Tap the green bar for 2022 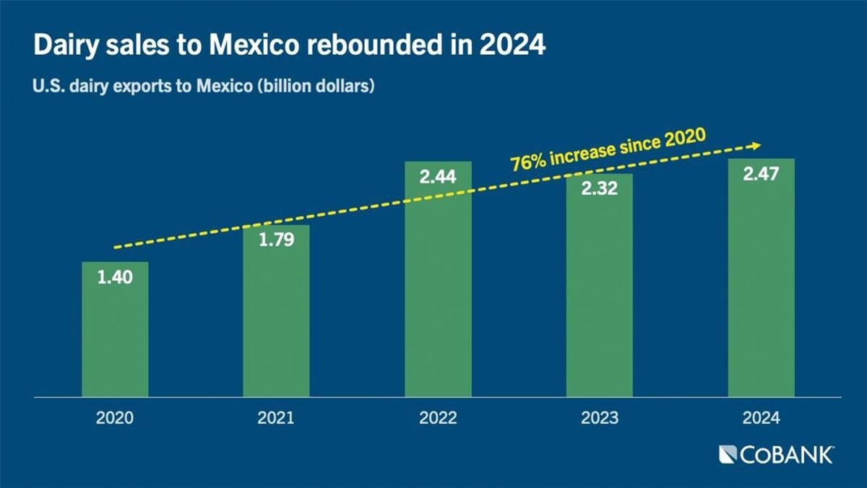tap(438, 289)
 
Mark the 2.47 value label tap(761, 173)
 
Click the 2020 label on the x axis tap(115, 419)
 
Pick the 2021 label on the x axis tap(276, 419)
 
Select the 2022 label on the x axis tap(438, 419)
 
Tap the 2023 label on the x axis tap(599, 419)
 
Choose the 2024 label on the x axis tap(761, 419)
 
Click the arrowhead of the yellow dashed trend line tap(756, 145)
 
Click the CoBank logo tap(776, 455)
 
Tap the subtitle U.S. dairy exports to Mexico tap(202, 88)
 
